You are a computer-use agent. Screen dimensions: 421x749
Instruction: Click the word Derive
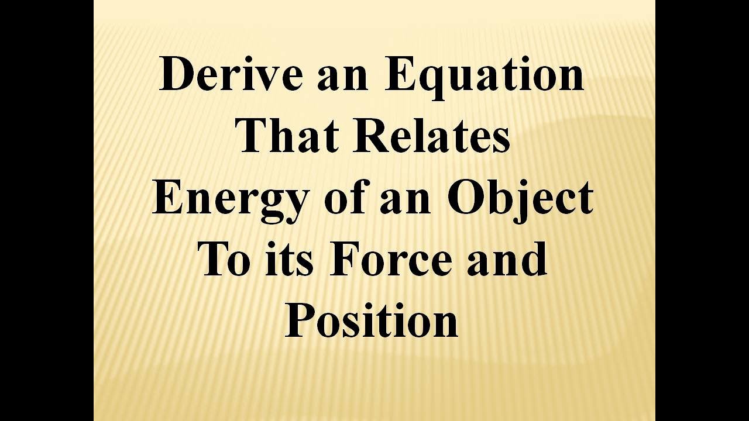[231, 74]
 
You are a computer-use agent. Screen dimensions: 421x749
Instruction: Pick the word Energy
[229, 199]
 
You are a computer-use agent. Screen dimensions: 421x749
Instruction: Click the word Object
[520, 198]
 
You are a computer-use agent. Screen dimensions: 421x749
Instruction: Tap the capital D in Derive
[177, 74]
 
